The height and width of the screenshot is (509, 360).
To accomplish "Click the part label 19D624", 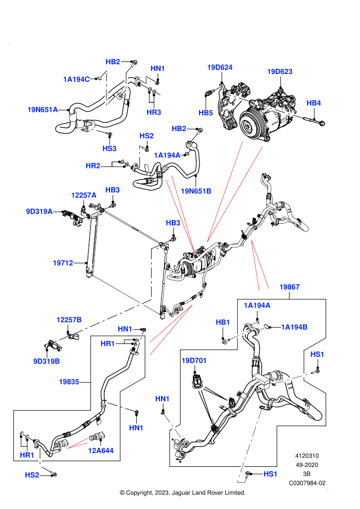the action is [x=220, y=67].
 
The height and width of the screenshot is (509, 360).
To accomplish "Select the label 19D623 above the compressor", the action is [x=279, y=71].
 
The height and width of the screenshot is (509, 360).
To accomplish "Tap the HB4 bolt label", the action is [x=314, y=103].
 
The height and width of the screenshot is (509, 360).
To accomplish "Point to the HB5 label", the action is [x=206, y=113].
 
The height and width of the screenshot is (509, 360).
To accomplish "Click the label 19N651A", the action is [x=43, y=110].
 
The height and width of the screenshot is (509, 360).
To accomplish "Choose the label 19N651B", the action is [x=196, y=191].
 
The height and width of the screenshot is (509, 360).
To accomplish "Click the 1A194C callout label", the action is [x=76, y=79].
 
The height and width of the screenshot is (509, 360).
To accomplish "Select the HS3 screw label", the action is [x=110, y=149].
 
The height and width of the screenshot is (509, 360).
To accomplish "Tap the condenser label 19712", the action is [x=63, y=263].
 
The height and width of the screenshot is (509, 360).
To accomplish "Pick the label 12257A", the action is [x=84, y=195].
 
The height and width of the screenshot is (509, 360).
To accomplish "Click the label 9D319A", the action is [x=39, y=211].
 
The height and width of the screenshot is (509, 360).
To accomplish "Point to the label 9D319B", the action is [x=46, y=361].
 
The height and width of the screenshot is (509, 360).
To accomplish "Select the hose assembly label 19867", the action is [x=289, y=287].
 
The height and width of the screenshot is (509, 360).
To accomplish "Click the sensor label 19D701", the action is [x=194, y=360].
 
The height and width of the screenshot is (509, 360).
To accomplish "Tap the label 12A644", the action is [x=101, y=450].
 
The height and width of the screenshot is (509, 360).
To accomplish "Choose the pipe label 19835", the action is [x=69, y=381].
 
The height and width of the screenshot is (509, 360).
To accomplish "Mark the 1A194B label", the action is [x=294, y=327].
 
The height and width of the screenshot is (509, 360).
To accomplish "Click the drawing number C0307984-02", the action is [x=307, y=483].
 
